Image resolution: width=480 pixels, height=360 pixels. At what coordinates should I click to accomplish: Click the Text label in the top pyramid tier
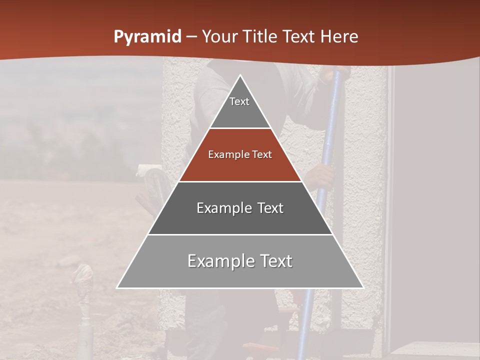pos(239,101)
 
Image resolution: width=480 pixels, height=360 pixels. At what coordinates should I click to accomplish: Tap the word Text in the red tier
pos(262,155)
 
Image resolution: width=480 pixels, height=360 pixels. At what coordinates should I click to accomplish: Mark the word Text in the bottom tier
pos(274,261)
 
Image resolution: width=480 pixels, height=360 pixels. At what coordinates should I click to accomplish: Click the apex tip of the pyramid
pos(240,76)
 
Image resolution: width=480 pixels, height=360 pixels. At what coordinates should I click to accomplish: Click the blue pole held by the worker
pos(325,150)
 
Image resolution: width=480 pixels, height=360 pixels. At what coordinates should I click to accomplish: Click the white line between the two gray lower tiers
pos(240,234)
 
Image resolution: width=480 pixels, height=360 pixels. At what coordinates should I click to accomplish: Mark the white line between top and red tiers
pos(240,128)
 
